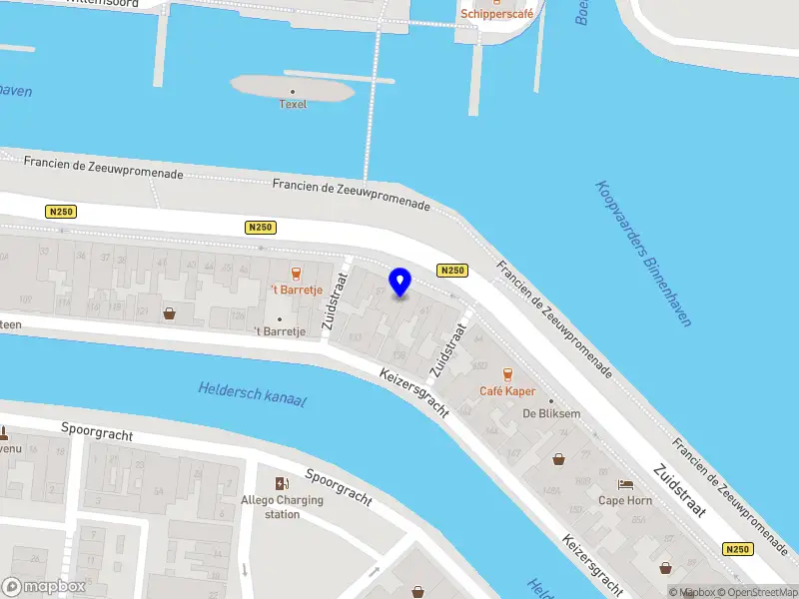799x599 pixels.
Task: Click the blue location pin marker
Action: point(400,282)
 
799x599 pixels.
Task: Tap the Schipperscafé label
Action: point(497,14)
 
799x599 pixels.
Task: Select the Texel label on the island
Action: point(293,104)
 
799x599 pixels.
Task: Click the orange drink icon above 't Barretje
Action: point(295,274)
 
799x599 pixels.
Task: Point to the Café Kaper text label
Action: point(507,392)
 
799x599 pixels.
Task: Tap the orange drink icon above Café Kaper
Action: point(507,375)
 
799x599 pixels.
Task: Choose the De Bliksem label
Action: point(545,413)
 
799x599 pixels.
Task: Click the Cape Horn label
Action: point(624,500)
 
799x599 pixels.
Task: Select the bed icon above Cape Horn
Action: point(625,483)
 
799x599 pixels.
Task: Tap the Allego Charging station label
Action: point(283,507)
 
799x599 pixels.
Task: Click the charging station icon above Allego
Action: point(283,483)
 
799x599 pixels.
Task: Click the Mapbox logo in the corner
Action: point(43,586)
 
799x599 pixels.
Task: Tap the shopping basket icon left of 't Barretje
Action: point(169,313)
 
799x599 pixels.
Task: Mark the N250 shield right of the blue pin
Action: point(452,271)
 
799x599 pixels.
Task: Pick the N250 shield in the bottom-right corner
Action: point(738,549)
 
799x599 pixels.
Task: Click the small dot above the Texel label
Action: point(293,91)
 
